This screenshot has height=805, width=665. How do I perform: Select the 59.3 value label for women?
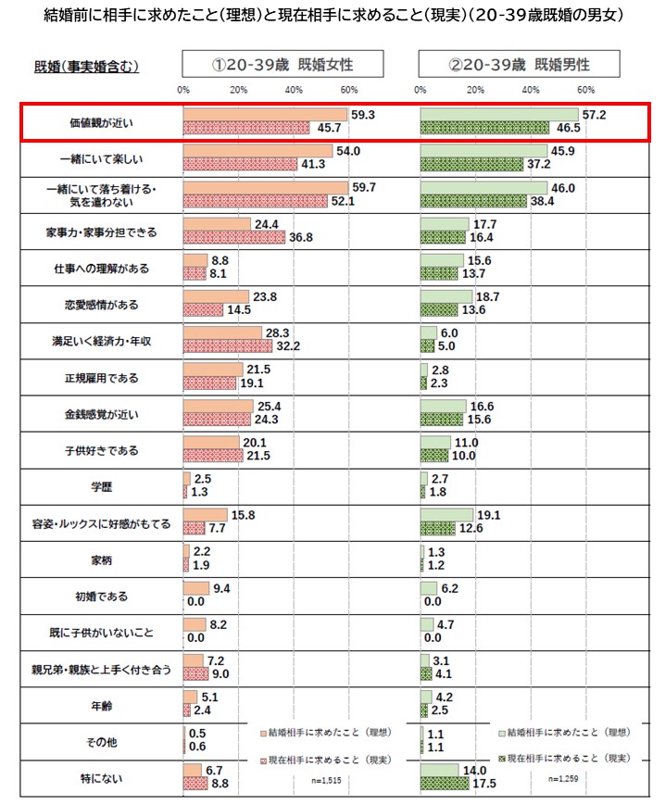coord(363,114)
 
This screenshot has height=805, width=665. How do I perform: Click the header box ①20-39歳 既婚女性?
coord(282,66)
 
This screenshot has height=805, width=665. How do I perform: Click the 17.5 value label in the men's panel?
coord(485,784)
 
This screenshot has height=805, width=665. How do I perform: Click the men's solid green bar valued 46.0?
coord(483,187)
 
